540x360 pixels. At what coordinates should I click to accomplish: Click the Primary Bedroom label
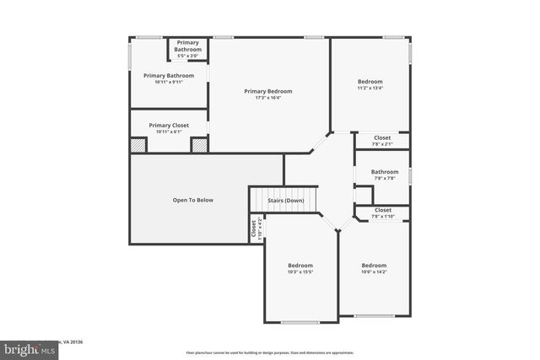click(x=268, y=91)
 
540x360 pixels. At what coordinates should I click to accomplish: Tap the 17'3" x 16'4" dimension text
click(x=268, y=98)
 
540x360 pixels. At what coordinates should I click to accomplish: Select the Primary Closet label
click(x=169, y=125)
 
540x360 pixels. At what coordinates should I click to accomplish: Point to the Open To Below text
click(x=193, y=200)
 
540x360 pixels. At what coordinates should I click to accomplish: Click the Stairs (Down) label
click(x=286, y=201)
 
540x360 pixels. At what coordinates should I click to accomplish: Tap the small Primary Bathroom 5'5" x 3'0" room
click(x=188, y=49)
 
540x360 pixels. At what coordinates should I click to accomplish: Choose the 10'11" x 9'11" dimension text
click(x=169, y=82)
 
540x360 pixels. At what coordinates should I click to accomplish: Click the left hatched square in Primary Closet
click(x=138, y=145)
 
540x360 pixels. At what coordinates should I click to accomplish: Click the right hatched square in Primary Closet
click(x=199, y=145)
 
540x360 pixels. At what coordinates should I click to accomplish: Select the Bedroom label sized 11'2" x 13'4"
click(x=370, y=81)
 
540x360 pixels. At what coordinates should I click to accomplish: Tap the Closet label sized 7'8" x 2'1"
click(x=382, y=137)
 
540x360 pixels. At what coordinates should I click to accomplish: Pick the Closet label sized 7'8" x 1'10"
click(x=382, y=210)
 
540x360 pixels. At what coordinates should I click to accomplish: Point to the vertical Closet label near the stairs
click(x=253, y=228)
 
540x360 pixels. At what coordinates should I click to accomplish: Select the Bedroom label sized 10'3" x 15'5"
click(x=300, y=265)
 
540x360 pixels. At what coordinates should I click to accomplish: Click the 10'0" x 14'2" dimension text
click(x=374, y=271)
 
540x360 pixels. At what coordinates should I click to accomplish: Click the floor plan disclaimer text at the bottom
click(x=269, y=352)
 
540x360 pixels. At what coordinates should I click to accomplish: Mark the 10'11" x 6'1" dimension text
click(x=169, y=132)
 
